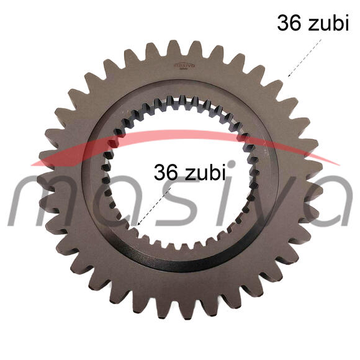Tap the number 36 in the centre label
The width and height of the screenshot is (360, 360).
166,172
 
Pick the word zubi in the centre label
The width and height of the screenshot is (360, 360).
205,172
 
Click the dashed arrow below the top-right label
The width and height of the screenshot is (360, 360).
305,58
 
